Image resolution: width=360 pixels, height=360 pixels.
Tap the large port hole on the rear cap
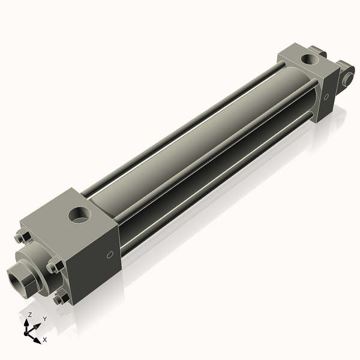coord(310,59)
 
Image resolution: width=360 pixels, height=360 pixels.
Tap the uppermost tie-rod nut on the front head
coord(22,238)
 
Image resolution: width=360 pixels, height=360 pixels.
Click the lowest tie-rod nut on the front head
coord(59,298)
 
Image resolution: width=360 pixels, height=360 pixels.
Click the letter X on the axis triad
coord(44,340)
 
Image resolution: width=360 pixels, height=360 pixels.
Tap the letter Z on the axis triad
coord(29,314)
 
